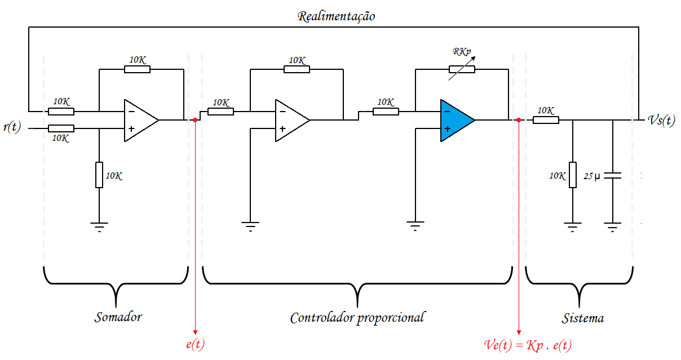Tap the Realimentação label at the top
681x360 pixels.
tap(336, 16)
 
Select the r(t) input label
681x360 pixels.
tap(11, 127)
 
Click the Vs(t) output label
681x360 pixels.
tap(661, 121)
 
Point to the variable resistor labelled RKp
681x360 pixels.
tap(462, 69)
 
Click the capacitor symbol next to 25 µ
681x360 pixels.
tap(612, 176)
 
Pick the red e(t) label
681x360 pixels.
tap(195, 344)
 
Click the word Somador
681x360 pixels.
tap(118, 317)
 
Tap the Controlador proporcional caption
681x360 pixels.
tap(357, 318)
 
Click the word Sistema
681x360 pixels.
tap(582, 318)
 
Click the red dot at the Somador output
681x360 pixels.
tap(195, 120)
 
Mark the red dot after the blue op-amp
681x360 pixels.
tap(518, 120)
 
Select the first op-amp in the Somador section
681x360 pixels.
tap(139, 120)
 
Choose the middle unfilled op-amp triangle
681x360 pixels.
tap(290, 120)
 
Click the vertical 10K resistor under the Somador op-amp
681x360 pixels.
tap(99, 175)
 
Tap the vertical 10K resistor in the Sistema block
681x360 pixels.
tap(573, 175)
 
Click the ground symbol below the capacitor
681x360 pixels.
tap(612, 226)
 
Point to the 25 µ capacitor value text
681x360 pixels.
tap(592, 176)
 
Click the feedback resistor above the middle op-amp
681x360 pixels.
tap(297, 69)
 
